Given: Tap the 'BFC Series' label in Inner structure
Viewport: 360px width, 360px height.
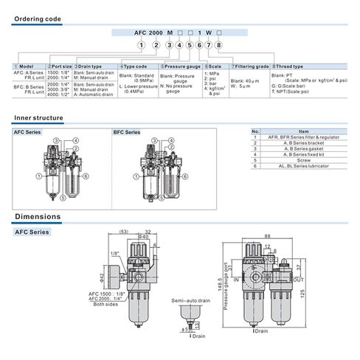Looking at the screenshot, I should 126,132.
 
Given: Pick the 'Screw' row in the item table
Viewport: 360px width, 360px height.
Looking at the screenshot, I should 303,159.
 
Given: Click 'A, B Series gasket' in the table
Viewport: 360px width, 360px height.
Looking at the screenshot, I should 303,148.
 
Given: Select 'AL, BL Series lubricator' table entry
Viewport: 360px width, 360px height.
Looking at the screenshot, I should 303,165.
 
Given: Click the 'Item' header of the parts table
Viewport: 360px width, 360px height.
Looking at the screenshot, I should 303,131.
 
